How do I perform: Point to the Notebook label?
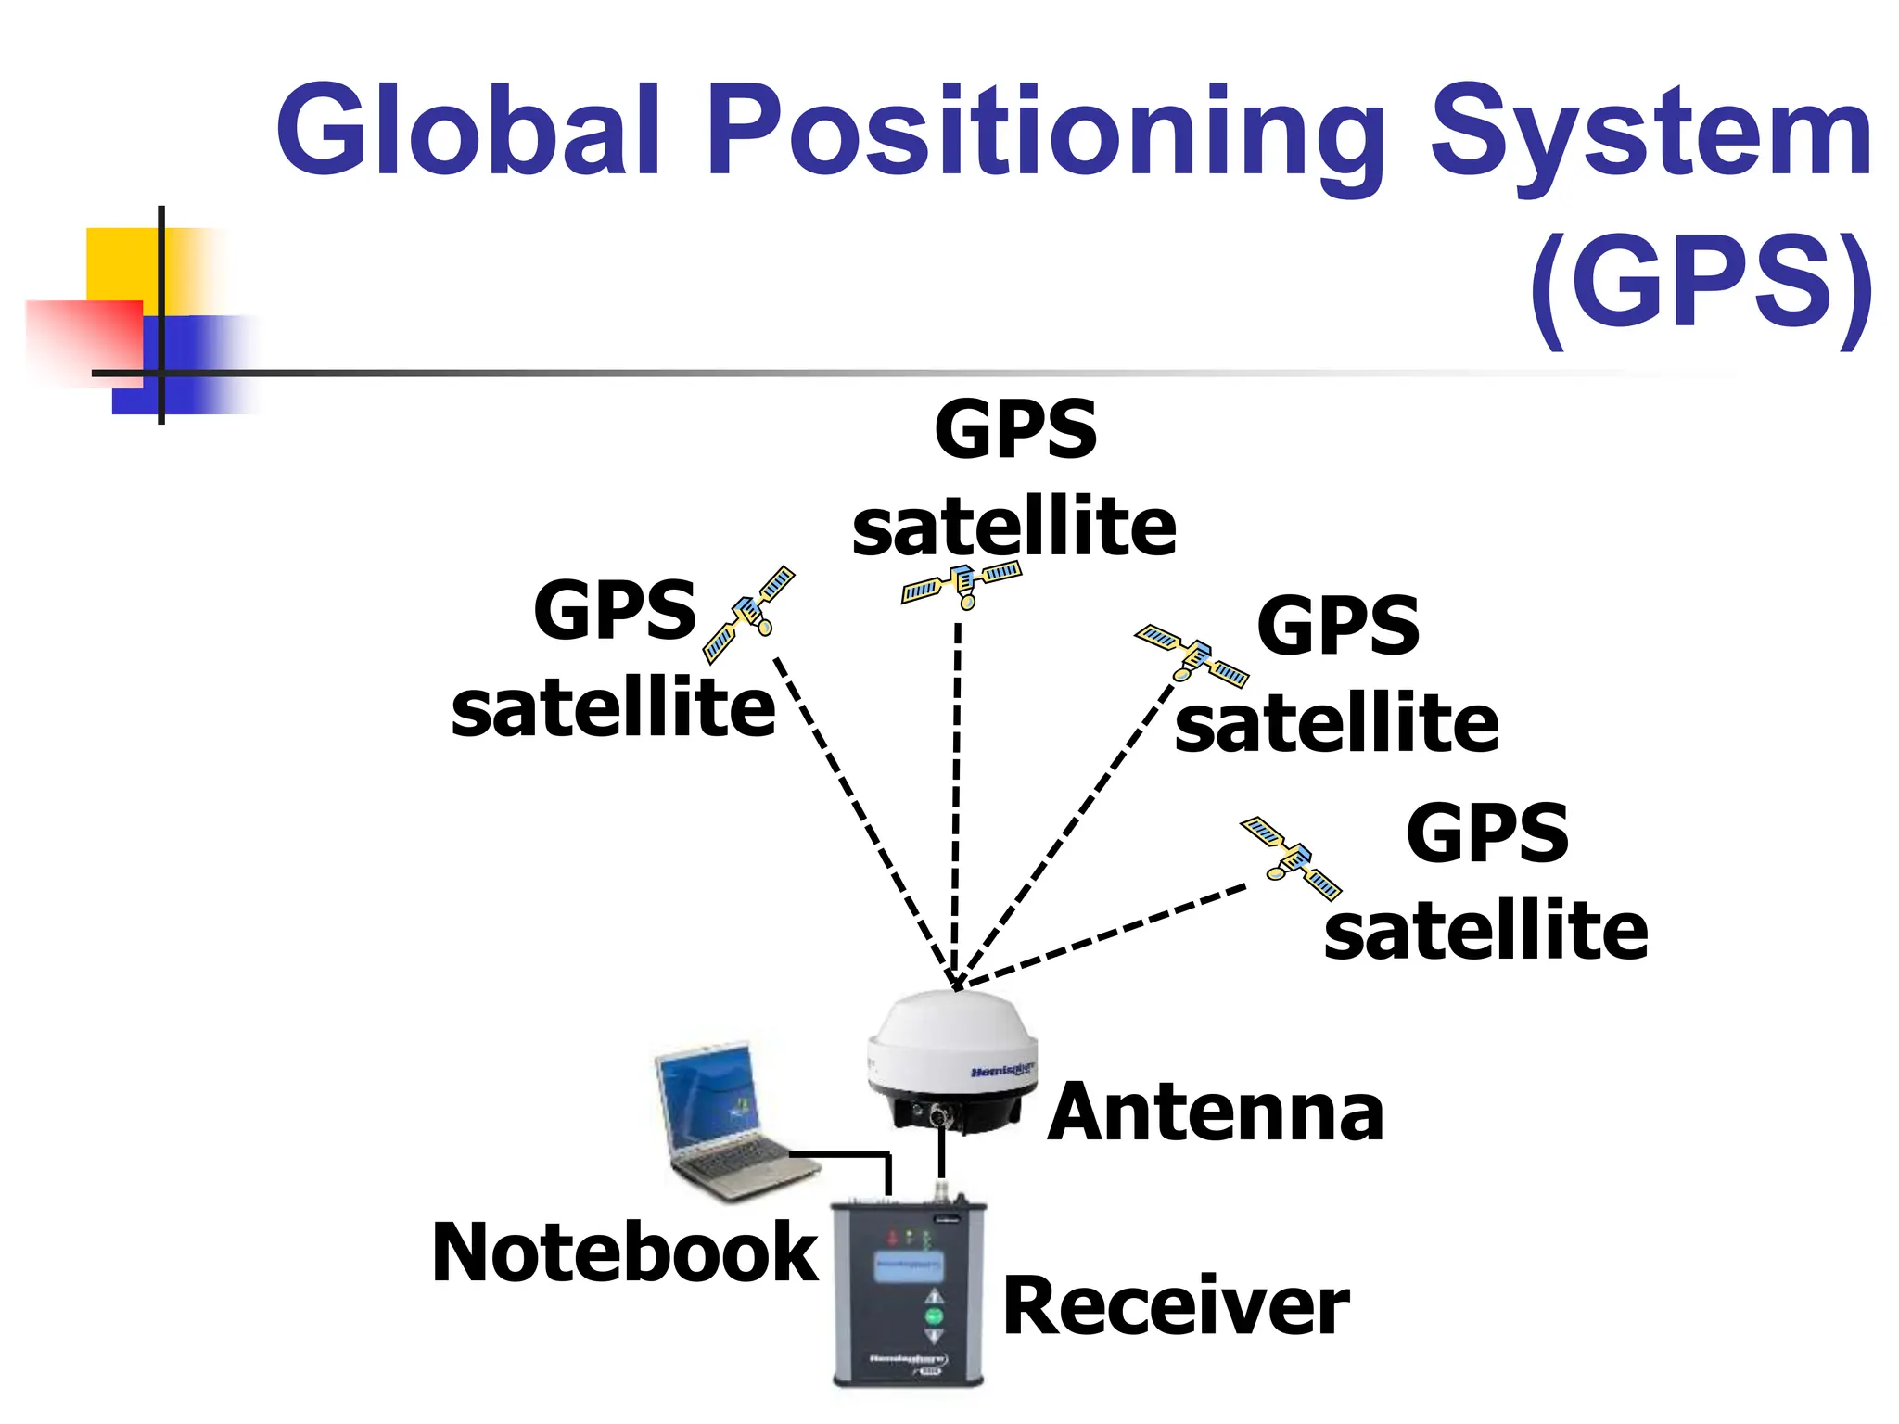[x=624, y=1253]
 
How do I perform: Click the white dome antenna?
[x=953, y=1043]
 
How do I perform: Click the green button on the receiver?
[x=934, y=1316]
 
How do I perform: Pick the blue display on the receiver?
[x=909, y=1265]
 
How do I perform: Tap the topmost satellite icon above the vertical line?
[x=962, y=584]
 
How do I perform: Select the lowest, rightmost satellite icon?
[x=1292, y=858]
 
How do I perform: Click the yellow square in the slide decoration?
[x=121, y=264]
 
